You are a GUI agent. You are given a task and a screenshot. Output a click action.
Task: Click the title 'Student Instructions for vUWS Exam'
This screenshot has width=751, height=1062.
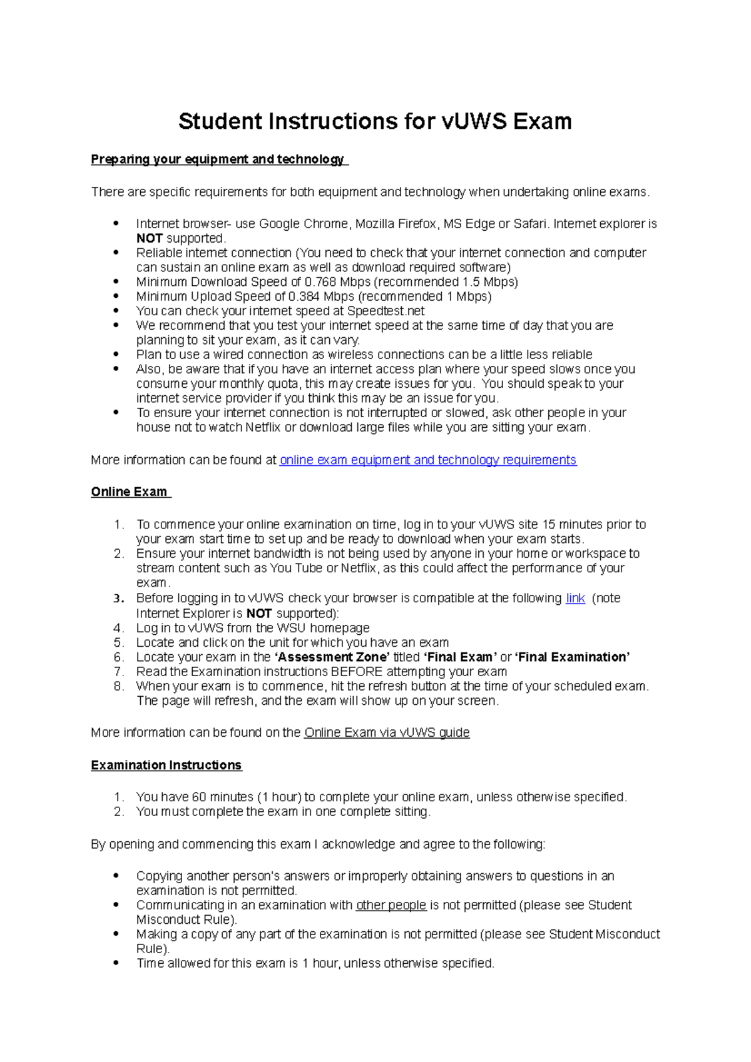[375, 121]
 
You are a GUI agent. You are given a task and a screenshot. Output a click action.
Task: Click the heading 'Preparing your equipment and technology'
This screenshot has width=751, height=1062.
[218, 159]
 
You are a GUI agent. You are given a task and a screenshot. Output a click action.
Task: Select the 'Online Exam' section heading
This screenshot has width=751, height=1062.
[130, 492]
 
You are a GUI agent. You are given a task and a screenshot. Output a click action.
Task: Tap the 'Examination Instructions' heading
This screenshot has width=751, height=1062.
[166, 766]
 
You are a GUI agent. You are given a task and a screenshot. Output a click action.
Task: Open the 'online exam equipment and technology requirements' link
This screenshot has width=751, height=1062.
[427, 460]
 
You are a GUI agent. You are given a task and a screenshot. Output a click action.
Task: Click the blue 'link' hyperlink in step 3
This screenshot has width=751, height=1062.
[575, 599]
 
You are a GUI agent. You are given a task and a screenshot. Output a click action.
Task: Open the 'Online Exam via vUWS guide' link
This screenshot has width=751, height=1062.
[387, 733]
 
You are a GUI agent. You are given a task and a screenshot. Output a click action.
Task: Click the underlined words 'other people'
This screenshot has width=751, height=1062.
[391, 906]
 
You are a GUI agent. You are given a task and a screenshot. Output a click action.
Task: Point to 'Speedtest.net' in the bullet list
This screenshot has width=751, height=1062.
[386, 311]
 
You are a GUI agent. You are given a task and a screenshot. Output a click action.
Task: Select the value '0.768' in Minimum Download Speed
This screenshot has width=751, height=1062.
[320, 282]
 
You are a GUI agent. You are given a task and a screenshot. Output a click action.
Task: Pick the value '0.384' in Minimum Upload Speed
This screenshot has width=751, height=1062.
[305, 296]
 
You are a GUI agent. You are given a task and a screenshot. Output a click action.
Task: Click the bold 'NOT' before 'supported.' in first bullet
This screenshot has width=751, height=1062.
[150, 238]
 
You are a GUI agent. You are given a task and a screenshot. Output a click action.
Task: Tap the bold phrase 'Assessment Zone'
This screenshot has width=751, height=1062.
[332, 657]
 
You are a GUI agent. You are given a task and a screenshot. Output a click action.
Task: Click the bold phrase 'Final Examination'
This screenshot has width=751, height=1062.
[571, 657]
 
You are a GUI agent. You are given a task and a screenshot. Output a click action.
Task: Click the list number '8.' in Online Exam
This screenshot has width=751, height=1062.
[119, 686]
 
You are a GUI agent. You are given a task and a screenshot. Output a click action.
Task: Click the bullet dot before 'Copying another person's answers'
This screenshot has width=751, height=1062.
[116, 876]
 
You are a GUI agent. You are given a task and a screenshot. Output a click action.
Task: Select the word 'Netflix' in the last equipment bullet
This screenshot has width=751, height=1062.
[263, 428]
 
